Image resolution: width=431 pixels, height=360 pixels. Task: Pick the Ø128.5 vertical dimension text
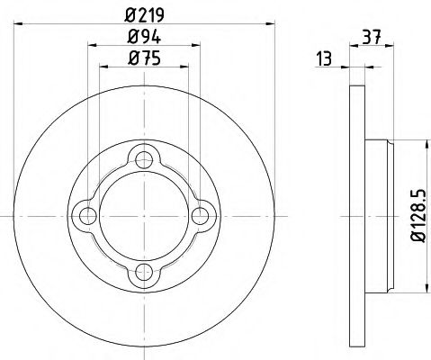(x=417, y=214)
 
